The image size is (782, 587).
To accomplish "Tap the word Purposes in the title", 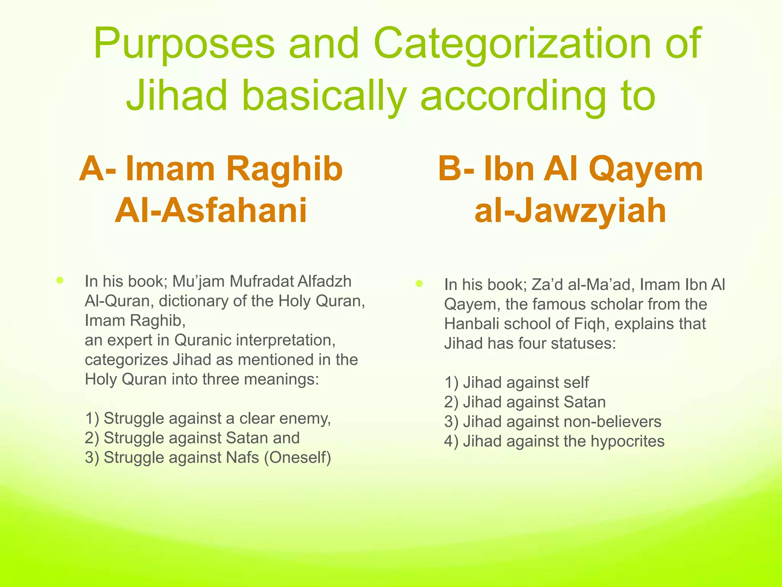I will click(184, 44).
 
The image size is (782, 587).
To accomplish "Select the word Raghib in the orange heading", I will click(284, 169).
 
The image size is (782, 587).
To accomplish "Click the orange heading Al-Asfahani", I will click(211, 211).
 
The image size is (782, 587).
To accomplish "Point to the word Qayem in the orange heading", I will click(646, 169).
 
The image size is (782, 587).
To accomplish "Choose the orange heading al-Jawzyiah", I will click(570, 211).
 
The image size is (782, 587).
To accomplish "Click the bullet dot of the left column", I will click(60, 281).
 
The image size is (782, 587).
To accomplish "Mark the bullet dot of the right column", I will click(419, 284).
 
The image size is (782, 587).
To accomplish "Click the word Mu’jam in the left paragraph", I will click(199, 281).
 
